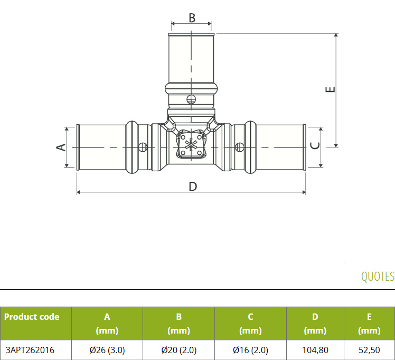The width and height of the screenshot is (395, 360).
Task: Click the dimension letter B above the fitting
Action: (192, 18)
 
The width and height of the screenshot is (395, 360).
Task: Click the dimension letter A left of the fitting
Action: (61, 147)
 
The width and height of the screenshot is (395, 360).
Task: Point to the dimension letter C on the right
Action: (315, 146)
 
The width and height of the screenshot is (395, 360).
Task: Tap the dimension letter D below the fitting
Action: (193, 187)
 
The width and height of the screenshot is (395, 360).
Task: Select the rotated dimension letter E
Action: (330, 89)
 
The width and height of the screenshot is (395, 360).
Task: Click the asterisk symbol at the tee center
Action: (191, 145)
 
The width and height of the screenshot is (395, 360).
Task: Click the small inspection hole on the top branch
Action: (191, 99)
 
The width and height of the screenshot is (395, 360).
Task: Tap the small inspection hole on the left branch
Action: (143, 147)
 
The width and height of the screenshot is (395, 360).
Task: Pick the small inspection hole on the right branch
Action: (240, 147)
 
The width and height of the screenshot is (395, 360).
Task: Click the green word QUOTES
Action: (378, 276)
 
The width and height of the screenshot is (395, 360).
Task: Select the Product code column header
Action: (32, 317)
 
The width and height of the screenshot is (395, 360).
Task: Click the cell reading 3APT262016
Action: (30, 350)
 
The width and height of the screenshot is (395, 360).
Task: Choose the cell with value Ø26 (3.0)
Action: (107, 350)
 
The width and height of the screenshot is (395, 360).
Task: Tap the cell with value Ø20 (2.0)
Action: (179, 350)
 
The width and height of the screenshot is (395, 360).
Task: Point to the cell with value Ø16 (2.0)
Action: (251, 350)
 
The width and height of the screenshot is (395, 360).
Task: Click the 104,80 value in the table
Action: (315, 350)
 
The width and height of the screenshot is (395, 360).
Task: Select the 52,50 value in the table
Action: (369, 350)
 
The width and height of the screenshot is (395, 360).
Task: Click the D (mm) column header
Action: (315, 324)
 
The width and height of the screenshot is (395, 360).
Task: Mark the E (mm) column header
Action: (369, 324)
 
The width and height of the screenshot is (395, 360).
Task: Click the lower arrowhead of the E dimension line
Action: (336, 145)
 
